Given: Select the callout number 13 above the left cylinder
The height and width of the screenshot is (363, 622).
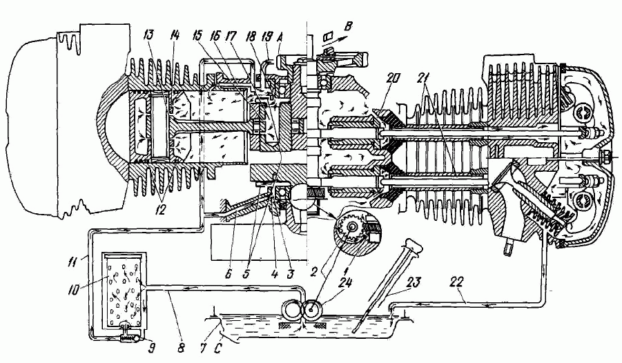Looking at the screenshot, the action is pos(149,36).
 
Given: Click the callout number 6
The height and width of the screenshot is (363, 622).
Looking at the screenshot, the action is pos(227,273).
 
